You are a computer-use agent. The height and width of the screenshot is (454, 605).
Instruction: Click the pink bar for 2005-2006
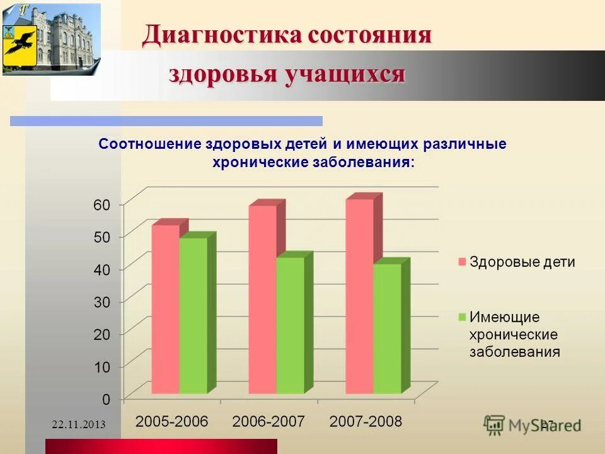pos(165,309)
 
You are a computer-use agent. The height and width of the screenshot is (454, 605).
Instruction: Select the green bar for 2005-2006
pos(193,315)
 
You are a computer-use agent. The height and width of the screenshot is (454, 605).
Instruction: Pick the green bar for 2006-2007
pos(291,325)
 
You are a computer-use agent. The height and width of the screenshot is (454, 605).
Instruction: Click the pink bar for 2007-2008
pos(359,296)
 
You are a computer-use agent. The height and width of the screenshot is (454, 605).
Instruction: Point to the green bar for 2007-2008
pos(387,328)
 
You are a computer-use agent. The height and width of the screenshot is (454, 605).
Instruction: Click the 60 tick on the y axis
pos(102,204)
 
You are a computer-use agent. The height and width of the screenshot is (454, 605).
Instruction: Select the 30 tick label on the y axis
pos(102,302)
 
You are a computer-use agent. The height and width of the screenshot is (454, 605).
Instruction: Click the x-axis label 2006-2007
pos(268,421)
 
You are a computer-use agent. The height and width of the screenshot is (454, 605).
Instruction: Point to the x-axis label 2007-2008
pos(366,421)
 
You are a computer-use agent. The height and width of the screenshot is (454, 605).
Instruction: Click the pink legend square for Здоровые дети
pos(462,262)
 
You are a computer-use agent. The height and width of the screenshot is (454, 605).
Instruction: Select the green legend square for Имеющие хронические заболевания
pos(462,317)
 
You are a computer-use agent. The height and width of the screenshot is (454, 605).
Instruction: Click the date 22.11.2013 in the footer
pos(78,424)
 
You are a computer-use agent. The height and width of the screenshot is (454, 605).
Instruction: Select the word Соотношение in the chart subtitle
pos(150,144)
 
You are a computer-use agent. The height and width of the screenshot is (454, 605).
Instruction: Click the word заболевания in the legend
pos(514,352)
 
